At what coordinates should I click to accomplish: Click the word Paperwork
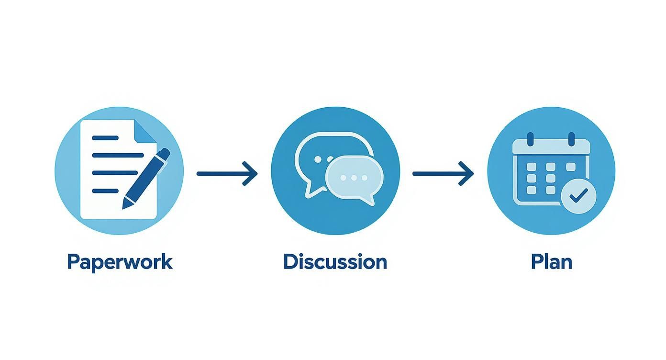(x=120, y=262)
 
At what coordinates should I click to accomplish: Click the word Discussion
(x=335, y=262)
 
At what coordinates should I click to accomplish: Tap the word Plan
(x=551, y=262)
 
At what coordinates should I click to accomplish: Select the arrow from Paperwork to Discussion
(x=227, y=173)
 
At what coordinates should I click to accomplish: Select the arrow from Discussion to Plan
(x=443, y=173)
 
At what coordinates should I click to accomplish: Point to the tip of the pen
(x=125, y=206)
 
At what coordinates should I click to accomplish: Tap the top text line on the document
(x=105, y=138)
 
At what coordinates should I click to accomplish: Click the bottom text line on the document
(x=105, y=191)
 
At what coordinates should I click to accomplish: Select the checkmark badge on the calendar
(x=578, y=195)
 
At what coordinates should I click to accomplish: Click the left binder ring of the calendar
(x=530, y=139)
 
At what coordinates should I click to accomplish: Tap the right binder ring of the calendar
(x=571, y=139)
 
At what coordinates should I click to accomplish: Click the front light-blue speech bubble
(x=353, y=179)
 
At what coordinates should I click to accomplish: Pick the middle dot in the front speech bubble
(x=353, y=178)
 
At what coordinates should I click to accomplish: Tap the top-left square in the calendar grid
(x=531, y=167)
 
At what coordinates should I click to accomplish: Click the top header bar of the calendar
(x=551, y=146)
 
